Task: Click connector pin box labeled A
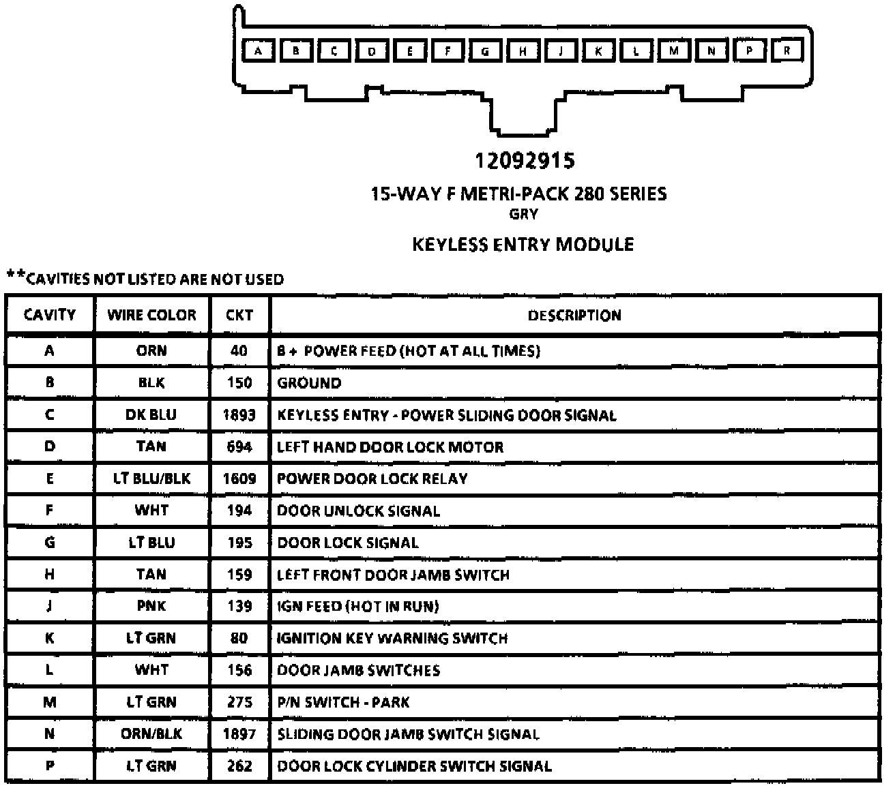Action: click(x=258, y=50)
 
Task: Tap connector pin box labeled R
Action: click(x=787, y=50)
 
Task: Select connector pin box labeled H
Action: click(x=523, y=50)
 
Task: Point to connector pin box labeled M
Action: click(x=674, y=50)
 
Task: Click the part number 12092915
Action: click(x=525, y=161)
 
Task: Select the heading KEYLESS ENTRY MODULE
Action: click(x=523, y=245)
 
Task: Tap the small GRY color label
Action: click(x=523, y=214)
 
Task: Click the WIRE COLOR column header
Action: click(x=151, y=315)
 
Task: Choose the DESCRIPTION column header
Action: click(x=574, y=316)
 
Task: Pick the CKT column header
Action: click(x=239, y=315)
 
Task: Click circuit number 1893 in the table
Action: click(x=239, y=415)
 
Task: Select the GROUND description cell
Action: click(x=309, y=383)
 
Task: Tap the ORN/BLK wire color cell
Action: click(x=151, y=734)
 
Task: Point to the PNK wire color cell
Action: click(x=151, y=606)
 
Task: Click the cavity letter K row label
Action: click(x=49, y=638)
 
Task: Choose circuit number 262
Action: click(x=239, y=766)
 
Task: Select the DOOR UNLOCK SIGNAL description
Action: click(x=358, y=511)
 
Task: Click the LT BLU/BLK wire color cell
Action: click(x=151, y=479)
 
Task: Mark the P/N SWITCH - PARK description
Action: click(x=343, y=702)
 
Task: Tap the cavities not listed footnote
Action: click(x=145, y=278)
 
